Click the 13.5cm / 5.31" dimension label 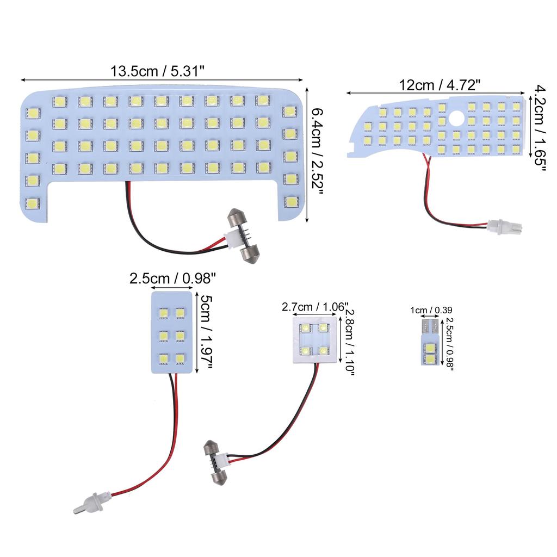158,71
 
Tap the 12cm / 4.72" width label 440,85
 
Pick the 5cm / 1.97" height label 205,332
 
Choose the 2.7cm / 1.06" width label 315,307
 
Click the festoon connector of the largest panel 244,237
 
